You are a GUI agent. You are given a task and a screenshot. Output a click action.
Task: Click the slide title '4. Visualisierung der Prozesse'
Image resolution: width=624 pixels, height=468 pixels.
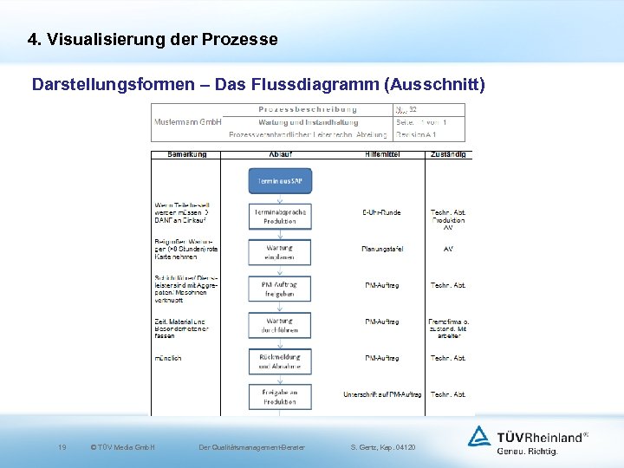click(x=153, y=40)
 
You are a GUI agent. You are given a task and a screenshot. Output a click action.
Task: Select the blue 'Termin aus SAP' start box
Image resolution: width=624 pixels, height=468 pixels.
click(x=280, y=180)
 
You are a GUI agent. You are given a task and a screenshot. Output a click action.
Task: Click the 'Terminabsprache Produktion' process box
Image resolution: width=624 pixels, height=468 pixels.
click(x=280, y=217)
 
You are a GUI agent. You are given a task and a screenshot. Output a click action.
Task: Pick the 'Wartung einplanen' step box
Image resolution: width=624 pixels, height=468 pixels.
click(x=280, y=252)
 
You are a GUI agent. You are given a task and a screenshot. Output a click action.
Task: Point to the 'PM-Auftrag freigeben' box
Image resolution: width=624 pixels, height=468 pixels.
click(x=280, y=289)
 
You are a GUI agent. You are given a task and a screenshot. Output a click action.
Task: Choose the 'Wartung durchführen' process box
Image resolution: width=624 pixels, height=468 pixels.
click(x=280, y=325)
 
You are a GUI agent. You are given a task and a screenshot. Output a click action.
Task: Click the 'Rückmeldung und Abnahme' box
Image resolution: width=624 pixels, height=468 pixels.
click(x=280, y=361)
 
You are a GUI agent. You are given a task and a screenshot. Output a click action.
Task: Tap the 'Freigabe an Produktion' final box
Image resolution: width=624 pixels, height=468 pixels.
click(x=280, y=397)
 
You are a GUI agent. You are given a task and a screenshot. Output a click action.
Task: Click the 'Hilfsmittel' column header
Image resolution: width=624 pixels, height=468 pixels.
click(x=382, y=154)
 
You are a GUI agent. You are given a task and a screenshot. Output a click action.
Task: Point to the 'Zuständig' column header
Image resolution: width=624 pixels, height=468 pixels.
click(x=448, y=154)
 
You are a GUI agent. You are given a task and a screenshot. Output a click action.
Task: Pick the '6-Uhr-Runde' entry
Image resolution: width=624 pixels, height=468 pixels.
click(x=381, y=212)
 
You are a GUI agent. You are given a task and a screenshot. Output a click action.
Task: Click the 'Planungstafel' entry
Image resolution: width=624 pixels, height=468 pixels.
click(x=381, y=249)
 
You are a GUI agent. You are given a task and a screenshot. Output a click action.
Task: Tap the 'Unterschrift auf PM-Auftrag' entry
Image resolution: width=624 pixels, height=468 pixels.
click(x=382, y=394)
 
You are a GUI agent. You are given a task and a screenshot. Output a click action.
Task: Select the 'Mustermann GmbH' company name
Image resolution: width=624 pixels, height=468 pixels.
click(x=187, y=122)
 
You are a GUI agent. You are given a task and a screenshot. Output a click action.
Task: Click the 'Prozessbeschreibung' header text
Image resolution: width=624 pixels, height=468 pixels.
click(x=308, y=109)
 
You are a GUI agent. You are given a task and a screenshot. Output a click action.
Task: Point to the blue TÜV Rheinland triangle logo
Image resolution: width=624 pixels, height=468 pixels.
click(x=478, y=436)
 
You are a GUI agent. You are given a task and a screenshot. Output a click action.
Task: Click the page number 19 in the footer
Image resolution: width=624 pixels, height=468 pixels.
click(x=62, y=447)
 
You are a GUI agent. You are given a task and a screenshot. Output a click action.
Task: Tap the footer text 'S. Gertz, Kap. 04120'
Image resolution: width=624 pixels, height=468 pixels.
click(x=383, y=447)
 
